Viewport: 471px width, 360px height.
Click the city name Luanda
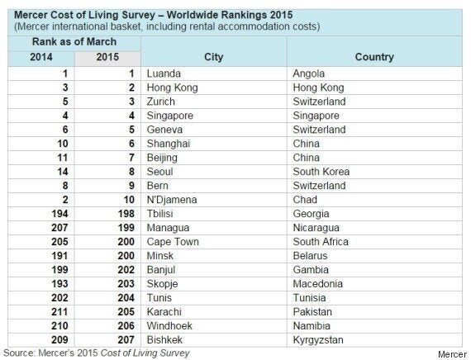click(164, 73)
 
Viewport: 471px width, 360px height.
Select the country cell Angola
click(308, 73)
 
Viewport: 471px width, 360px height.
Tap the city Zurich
click(160, 102)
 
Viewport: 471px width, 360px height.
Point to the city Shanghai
click(169, 144)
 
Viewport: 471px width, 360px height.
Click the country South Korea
click(321, 172)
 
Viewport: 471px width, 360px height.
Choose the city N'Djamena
click(172, 200)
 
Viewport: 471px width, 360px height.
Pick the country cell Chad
click(305, 200)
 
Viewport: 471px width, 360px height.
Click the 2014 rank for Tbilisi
click(59, 214)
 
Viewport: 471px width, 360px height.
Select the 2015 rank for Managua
click(126, 228)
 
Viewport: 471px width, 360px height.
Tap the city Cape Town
click(173, 242)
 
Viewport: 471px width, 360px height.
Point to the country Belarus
click(310, 255)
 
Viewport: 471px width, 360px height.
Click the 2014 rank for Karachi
click(59, 311)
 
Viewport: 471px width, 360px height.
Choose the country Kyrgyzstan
click(318, 340)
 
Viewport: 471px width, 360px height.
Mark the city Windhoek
click(169, 326)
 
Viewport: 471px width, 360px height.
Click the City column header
click(213, 57)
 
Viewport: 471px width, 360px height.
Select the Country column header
click(374, 57)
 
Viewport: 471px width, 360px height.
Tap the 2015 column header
click(107, 57)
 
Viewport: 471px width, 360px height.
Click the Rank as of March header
click(74, 41)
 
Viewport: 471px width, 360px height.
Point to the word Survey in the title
click(138, 15)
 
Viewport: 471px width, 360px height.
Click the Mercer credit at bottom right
click(452, 354)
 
